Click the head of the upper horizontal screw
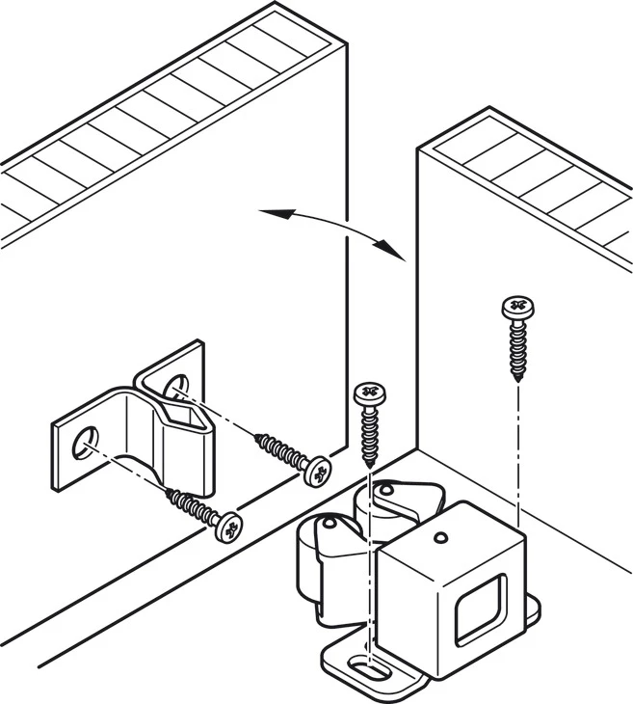pyautogui.click(x=316, y=472)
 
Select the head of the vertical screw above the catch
pyautogui.click(x=368, y=394)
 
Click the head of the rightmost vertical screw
pyautogui.click(x=517, y=310)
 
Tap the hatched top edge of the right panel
pyautogui.click(x=535, y=183)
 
